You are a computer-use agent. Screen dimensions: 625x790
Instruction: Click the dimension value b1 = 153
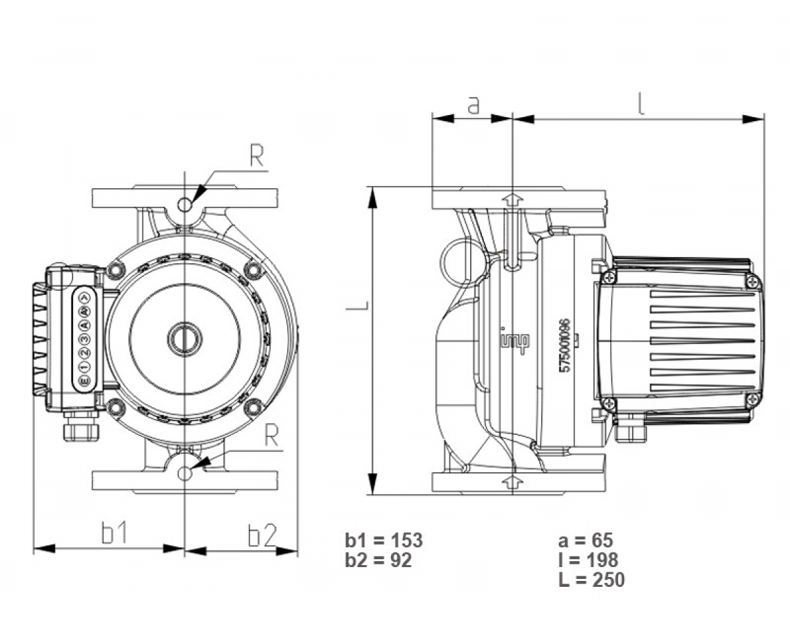[383, 541]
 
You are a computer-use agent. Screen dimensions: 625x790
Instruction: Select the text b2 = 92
[378, 561]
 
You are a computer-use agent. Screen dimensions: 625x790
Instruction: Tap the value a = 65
[585, 541]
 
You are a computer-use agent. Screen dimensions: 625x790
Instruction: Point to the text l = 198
[588, 561]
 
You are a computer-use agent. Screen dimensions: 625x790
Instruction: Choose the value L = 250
[591, 580]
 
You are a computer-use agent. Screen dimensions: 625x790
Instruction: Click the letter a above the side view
[473, 105]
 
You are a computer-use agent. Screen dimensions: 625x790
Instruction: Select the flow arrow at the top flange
[511, 199]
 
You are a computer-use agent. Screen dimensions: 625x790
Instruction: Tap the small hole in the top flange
[186, 205]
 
